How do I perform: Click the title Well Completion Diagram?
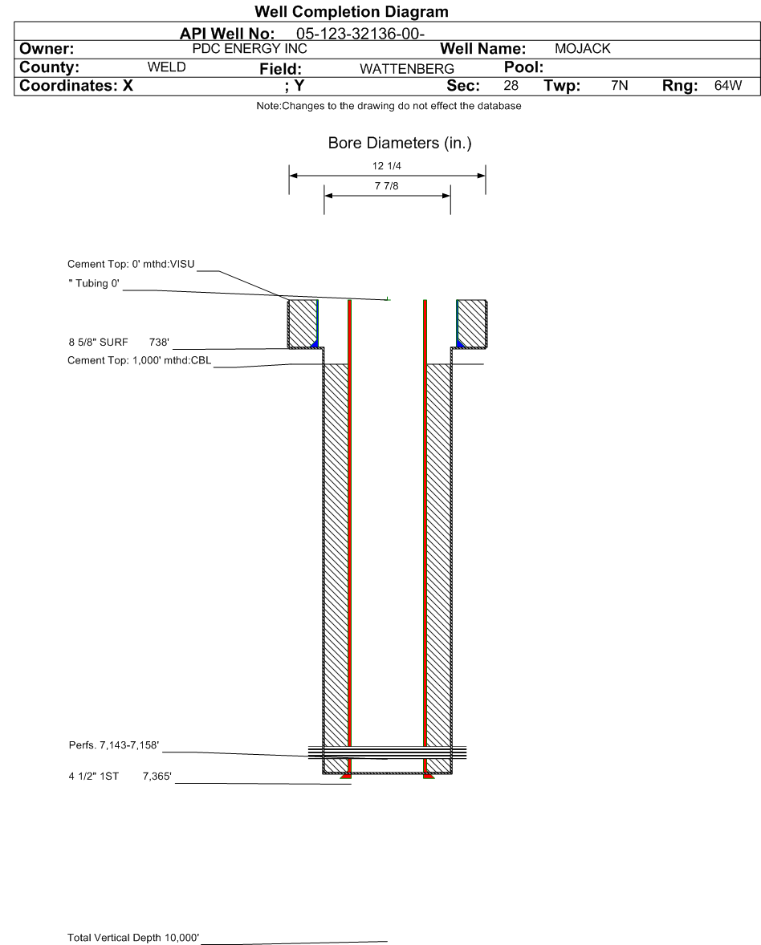[x=351, y=12]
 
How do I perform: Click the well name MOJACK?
[x=584, y=49]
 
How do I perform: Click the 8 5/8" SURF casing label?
[x=99, y=343]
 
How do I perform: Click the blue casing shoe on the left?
[x=315, y=344]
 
